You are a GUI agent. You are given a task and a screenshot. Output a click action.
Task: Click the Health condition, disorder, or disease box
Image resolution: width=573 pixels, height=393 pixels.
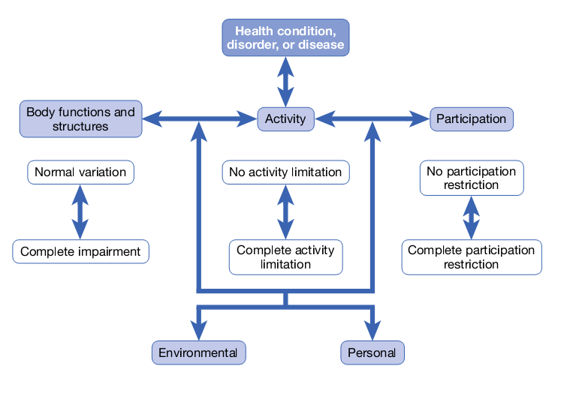285,37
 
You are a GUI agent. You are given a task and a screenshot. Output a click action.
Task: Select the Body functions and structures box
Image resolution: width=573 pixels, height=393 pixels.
80,119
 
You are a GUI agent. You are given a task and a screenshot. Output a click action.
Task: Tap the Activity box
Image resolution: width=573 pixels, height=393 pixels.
285,118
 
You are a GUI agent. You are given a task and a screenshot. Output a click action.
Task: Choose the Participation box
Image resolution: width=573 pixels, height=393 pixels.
472,118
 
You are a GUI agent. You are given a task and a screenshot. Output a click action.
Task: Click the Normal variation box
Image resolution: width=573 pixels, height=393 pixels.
80,172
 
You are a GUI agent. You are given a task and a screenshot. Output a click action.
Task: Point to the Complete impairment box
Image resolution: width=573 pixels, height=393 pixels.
80,251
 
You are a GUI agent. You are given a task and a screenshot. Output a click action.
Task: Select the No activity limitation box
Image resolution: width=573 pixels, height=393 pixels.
285,172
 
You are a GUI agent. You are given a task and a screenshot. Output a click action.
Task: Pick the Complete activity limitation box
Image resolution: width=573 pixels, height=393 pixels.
285,257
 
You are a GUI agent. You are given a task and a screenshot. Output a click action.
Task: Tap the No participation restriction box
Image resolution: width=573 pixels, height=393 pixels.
472,178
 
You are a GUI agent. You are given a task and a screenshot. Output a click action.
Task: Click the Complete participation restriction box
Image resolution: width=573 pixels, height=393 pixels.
472,257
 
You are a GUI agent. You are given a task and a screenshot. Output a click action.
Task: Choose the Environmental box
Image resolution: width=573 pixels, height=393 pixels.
198,352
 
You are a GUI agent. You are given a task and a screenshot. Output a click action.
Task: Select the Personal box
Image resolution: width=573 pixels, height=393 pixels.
372,352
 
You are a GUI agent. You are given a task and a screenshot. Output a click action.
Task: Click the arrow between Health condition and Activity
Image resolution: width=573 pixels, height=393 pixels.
285,82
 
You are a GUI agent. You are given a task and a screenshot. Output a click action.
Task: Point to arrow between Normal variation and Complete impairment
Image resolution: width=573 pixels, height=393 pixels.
80,212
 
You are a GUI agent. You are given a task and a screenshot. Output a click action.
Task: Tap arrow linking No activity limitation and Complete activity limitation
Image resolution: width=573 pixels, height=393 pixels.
285,212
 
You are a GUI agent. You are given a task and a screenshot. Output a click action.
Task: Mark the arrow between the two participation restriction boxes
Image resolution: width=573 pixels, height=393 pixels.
472,217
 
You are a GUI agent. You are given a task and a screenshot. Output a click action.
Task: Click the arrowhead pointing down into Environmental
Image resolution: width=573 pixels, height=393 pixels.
198,331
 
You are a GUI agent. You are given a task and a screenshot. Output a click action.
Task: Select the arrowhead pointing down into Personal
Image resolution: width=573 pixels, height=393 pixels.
372,331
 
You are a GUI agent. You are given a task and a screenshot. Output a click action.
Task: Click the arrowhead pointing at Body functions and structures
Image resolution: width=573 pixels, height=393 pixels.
151,118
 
